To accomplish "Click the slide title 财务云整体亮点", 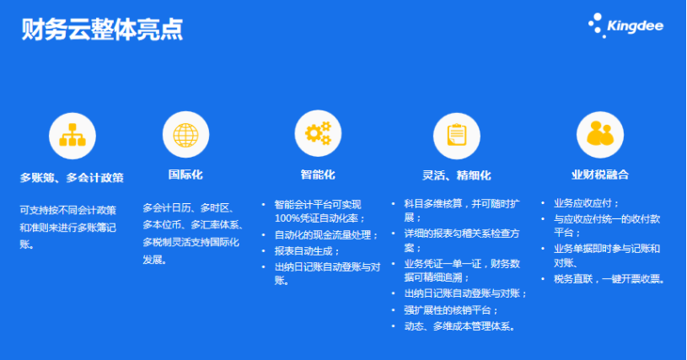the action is [102, 30].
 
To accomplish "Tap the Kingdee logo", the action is [625, 25].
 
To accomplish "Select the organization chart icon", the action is [72, 136].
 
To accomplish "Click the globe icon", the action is [185, 134].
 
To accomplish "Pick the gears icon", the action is [318, 133].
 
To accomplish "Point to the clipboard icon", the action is [457, 135].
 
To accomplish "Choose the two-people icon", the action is [600, 133].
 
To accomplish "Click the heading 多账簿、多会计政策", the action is [72, 178].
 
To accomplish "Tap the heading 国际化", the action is [185, 175].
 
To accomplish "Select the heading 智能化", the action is [318, 175].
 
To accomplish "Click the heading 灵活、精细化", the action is [457, 175].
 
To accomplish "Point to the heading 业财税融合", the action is [600, 175].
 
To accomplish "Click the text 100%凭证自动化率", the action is [318, 218].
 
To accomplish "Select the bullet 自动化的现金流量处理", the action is [326, 235].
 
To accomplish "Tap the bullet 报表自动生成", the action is [307, 251].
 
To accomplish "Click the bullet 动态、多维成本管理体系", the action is [459, 326].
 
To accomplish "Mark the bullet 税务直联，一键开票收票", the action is [609, 279].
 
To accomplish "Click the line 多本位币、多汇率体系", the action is [193, 224].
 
